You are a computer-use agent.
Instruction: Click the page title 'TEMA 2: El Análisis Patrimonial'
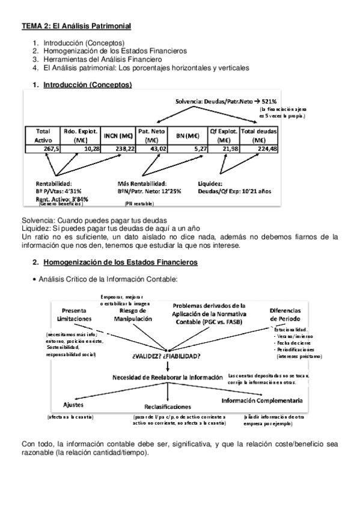point(76,26)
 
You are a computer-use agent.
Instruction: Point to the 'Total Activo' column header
point(43,134)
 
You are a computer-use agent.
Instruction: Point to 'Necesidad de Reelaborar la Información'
point(166,377)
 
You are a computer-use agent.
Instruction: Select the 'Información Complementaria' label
point(261,400)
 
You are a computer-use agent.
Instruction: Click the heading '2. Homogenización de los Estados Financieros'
point(119,262)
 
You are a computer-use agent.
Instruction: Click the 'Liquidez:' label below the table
point(210,183)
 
